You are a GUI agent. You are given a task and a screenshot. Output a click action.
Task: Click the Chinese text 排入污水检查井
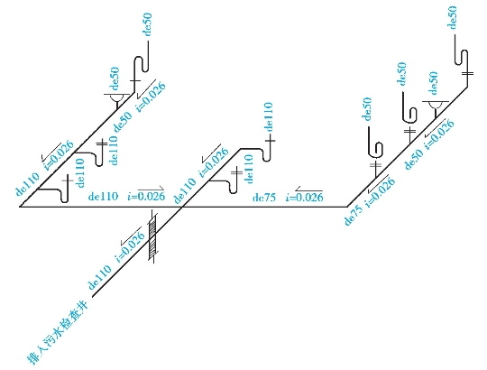pos(59,331)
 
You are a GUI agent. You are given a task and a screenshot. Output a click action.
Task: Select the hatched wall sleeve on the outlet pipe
pos(153,237)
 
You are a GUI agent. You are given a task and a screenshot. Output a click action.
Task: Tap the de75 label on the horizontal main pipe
pos(264,198)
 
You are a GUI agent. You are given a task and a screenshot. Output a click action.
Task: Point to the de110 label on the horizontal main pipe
pos(103,196)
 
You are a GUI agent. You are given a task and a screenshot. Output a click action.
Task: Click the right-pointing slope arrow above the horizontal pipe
pos(151,189)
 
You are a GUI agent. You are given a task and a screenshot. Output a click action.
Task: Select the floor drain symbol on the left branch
pos(117,97)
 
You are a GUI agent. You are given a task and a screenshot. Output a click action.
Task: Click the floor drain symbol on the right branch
pos(436,106)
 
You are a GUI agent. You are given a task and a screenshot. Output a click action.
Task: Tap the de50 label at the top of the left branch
pos(148,24)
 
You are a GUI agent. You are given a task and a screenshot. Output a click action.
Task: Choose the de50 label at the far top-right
pos(452,17)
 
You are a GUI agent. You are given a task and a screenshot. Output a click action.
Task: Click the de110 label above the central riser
pos(268,116)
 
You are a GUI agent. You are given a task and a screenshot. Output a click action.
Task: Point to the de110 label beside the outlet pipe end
pos(100,277)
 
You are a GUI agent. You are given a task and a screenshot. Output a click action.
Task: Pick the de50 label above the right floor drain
pos(433,83)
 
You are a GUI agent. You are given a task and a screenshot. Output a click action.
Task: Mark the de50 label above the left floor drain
pos(115,79)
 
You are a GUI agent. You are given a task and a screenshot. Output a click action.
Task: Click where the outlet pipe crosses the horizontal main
pos(181,207)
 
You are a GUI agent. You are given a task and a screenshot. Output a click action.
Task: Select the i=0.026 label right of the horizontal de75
pos(305,197)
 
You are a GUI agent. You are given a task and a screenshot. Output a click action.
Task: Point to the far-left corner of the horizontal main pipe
pos(20,207)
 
